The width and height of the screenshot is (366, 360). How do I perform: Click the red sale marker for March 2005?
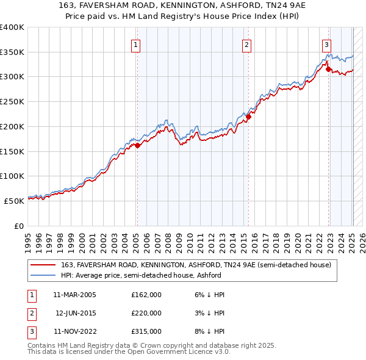(138, 145)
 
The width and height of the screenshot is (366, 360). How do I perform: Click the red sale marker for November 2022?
(329, 70)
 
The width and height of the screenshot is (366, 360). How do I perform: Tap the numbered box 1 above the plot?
(135, 44)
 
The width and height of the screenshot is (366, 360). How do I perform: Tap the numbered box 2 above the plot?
(246, 44)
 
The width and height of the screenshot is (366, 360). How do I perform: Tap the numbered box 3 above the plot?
(327, 44)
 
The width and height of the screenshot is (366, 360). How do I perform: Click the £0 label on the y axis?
(18, 225)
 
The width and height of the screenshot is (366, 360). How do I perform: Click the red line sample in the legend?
(43, 265)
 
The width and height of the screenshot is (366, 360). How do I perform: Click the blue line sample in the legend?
(43, 275)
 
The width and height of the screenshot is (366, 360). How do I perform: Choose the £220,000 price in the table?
(146, 313)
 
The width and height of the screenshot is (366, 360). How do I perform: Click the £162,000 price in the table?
(146, 295)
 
